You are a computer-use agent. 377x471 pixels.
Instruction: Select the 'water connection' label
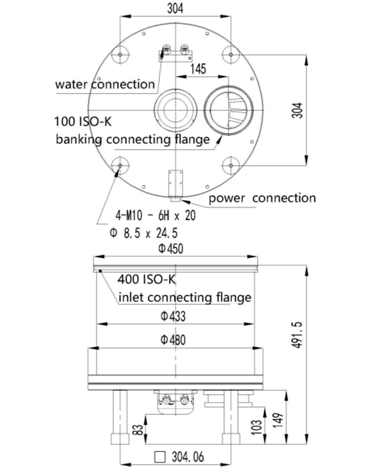[x=105, y=85]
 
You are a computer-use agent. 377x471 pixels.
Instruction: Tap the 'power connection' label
[x=262, y=198]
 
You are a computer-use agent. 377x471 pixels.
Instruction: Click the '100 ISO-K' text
[x=83, y=122]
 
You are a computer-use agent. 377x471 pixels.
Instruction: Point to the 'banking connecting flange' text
[x=132, y=140]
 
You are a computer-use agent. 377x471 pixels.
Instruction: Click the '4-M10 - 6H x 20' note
[x=155, y=215]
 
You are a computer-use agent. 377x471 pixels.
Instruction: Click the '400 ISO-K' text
[x=147, y=280]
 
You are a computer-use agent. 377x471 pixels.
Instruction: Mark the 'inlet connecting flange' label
[x=184, y=297]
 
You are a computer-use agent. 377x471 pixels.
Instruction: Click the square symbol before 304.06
[x=161, y=457]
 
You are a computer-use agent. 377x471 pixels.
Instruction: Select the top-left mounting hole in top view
[x=121, y=55]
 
